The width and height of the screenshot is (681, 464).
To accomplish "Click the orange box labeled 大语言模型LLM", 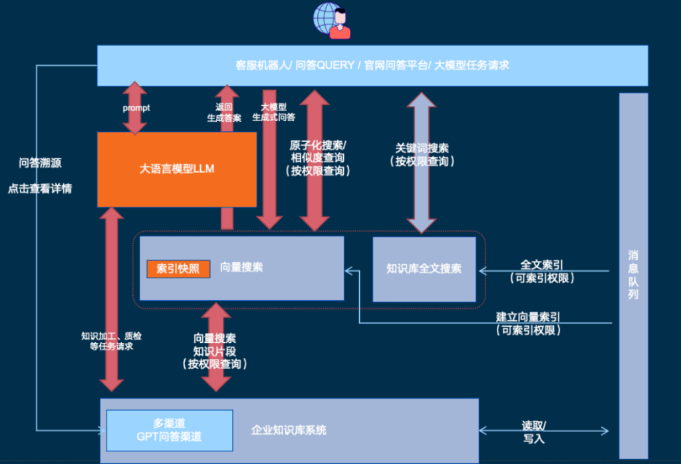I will click(x=176, y=169).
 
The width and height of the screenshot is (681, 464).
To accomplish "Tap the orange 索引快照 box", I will click(x=178, y=268).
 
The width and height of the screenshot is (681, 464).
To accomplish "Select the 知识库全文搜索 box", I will click(x=424, y=269).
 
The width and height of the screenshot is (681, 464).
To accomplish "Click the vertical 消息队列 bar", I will click(x=632, y=275).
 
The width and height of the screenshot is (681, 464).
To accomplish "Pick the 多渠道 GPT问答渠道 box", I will click(x=169, y=430).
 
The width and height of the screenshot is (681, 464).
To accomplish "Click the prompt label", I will click(x=136, y=107).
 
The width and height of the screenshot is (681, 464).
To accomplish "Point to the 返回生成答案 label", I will click(x=223, y=112).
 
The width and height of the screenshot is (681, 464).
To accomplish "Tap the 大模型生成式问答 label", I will click(x=273, y=112).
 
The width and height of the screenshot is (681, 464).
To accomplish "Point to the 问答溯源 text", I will click(x=40, y=162).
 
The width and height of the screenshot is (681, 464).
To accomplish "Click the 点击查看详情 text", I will click(x=40, y=188).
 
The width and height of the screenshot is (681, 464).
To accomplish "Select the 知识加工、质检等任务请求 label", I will click(x=111, y=341).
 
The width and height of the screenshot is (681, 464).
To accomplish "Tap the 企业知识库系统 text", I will click(x=289, y=430).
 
